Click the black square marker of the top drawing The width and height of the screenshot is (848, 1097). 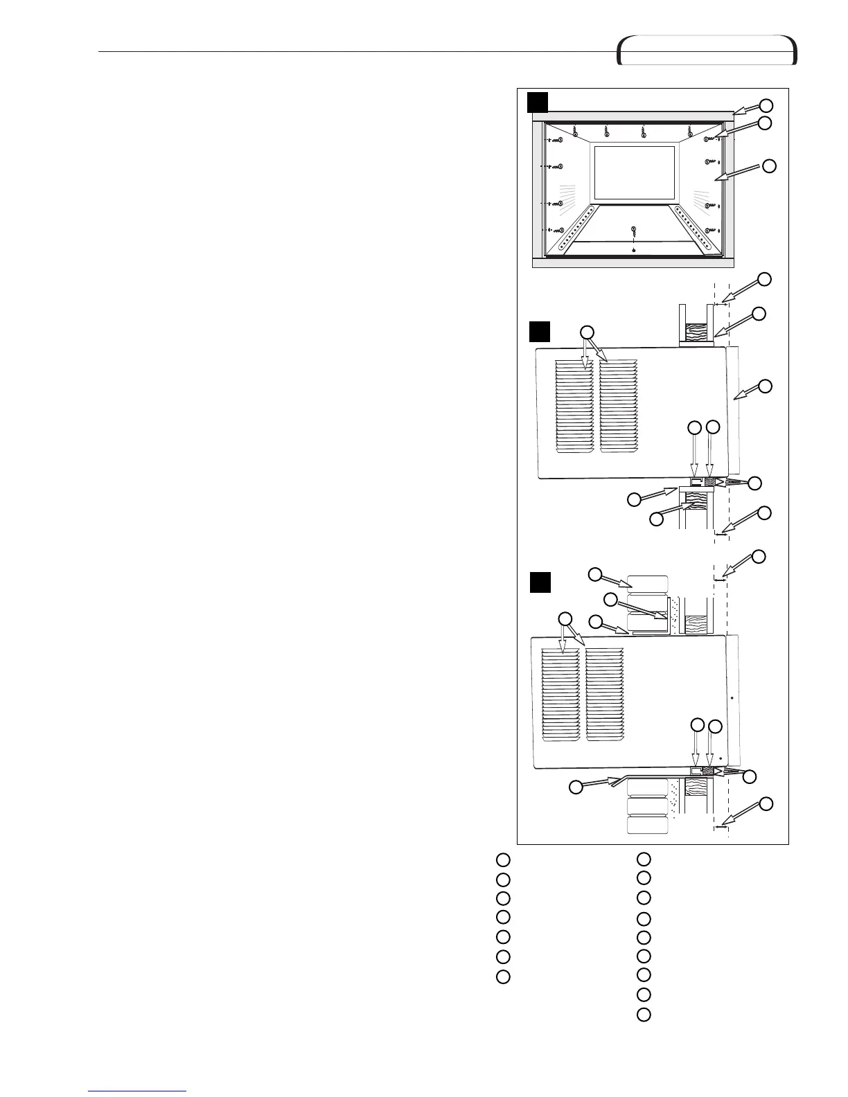click(538, 102)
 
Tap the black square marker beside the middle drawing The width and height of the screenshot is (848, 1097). click(540, 331)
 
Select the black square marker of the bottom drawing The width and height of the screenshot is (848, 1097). click(540, 582)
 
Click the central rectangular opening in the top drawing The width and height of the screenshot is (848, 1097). click(635, 173)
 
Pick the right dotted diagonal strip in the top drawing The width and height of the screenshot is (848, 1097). click(691, 228)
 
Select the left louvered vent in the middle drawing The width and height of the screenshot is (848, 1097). click(574, 407)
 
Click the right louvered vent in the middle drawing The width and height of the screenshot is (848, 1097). click(618, 407)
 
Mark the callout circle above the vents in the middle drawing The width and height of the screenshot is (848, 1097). click(587, 331)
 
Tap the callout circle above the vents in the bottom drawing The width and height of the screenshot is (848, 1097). click(565, 618)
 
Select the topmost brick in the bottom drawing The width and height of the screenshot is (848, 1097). click(647, 583)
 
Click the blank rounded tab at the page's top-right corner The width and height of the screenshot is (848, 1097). click(707, 51)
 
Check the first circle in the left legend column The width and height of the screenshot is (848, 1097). click(503, 860)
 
